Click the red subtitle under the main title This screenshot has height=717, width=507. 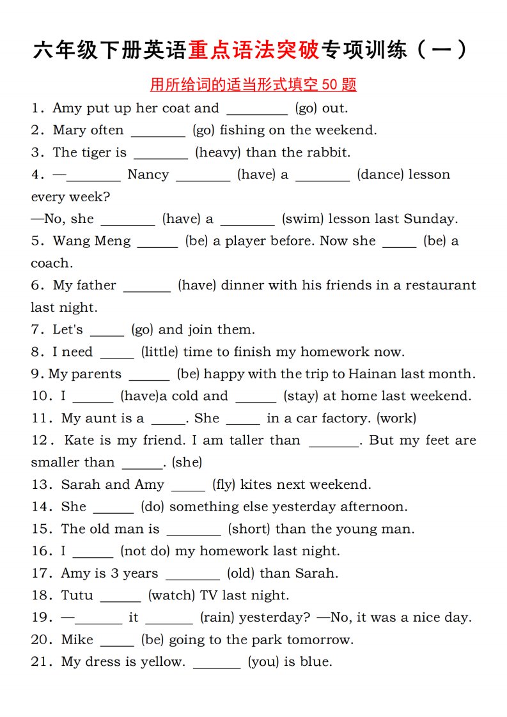coord(253,84)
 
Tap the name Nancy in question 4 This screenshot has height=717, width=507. coord(148,174)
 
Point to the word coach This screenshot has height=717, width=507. coord(52,263)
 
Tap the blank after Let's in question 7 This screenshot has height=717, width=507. coord(107,330)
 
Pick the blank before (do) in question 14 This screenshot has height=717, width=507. coord(113,507)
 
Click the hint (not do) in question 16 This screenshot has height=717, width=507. coord(145,551)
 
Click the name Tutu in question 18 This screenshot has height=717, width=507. coord(77,596)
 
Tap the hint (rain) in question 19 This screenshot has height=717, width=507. coord(218,617)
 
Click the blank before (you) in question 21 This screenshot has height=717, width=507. coord(217,663)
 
